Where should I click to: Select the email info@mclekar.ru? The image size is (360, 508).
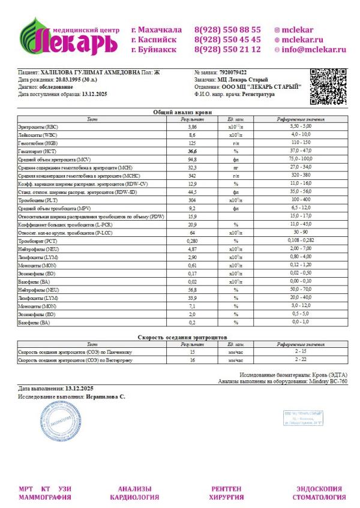click(x=314, y=50)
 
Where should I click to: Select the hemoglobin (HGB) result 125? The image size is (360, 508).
click(x=193, y=143)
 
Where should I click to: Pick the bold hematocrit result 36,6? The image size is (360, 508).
click(x=193, y=151)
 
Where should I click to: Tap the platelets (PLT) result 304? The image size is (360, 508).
click(x=193, y=199)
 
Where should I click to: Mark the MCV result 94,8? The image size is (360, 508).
click(x=193, y=160)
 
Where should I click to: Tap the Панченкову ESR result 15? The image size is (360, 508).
click(x=193, y=352)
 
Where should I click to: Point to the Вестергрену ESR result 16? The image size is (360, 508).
click(x=193, y=360)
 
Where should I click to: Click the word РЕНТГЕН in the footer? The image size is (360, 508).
click(x=226, y=489)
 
